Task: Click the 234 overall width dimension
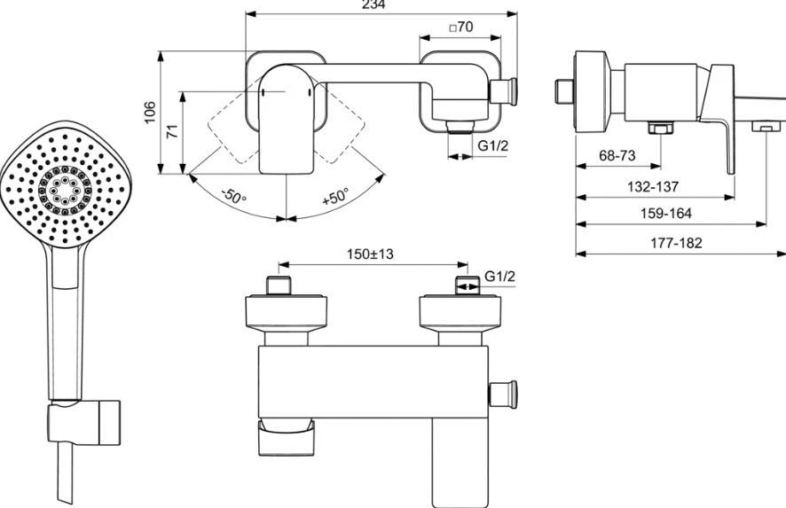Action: point(380,4)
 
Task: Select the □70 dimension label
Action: point(461,27)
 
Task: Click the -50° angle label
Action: point(234,195)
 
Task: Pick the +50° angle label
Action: point(335,196)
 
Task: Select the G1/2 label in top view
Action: point(493,146)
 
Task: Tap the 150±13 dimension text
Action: point(369,254)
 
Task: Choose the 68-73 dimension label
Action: point(617,155)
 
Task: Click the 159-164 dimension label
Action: point(664,213)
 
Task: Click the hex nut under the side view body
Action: point(658,129)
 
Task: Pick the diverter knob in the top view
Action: point(508,90)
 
